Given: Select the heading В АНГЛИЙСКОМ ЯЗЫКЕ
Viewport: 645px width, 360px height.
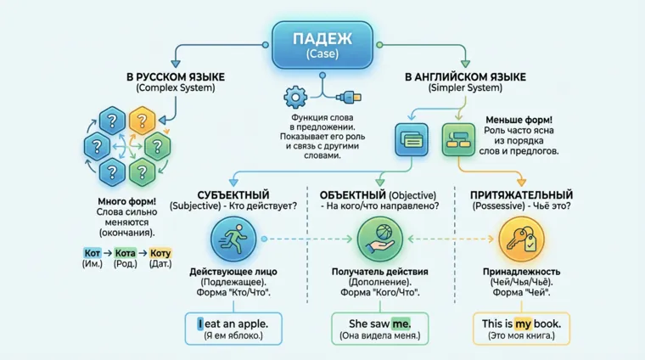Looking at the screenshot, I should (465, 77).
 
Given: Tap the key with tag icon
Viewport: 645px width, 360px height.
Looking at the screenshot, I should (521, 239).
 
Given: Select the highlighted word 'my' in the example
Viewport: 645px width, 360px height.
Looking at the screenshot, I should (522, 323).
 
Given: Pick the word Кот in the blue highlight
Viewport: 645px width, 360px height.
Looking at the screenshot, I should (93, 253).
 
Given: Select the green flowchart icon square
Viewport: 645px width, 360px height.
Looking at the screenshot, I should (461, 138).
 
